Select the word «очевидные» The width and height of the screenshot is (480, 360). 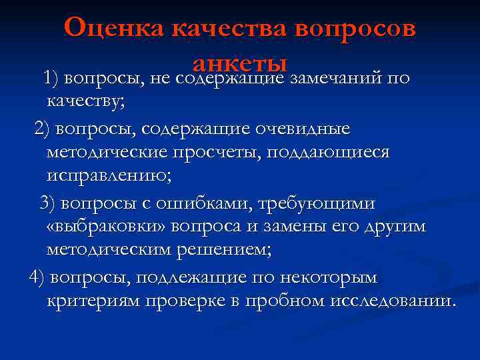coord(296,127)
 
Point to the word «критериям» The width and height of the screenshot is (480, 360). coord(94,301)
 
